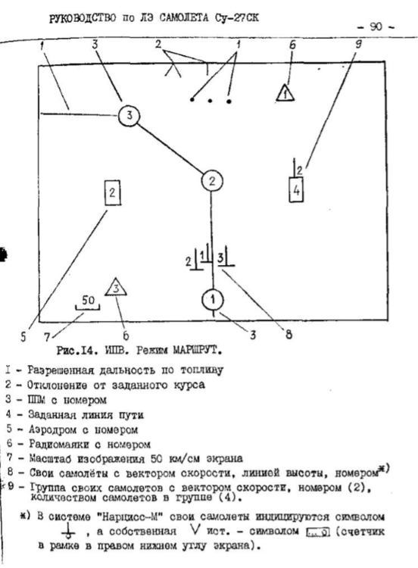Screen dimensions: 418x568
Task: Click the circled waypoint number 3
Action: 130,116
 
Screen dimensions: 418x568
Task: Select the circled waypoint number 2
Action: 213,180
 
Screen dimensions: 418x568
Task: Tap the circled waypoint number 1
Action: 213,299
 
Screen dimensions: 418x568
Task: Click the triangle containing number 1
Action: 284,94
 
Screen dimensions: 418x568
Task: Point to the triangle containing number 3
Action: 115,287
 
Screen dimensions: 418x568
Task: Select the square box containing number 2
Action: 111,192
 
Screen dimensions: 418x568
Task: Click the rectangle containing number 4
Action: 296,190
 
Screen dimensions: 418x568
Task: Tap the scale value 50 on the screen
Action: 88,300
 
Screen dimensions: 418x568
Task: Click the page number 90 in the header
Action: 376,26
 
